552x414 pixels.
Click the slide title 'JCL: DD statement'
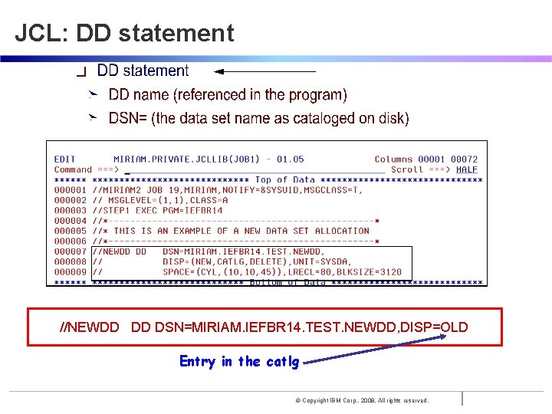click(x=124, y=33)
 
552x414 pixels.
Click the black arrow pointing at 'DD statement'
click(x=264, y=71)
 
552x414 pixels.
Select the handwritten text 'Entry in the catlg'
click(x=238, y=361)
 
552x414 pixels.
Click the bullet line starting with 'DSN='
click(x=258, y=118)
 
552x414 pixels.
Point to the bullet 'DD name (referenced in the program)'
click(x=228, y=95)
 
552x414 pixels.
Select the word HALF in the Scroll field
click(x=466, y=169)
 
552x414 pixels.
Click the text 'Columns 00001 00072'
click(x=426, y=159)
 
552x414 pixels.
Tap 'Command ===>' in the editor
click(x=85, y=169)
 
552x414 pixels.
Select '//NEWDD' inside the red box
click(x=90, y=327)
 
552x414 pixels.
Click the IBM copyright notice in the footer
click(x=362, y=400)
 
